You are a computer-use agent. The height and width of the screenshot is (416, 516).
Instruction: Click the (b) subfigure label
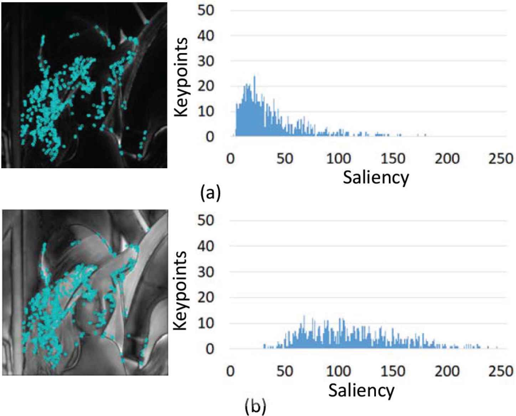pos(255,406)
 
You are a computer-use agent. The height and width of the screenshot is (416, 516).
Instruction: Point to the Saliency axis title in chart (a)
pos(376,177)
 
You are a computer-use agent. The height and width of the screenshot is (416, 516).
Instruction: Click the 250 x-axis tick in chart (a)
pos(501,158)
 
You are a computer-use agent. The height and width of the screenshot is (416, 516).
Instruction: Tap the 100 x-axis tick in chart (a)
pos(339,158)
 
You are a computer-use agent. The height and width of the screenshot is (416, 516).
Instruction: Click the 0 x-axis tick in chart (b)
pos(231,371)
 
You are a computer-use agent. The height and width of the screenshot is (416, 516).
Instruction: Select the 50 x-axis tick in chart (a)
pos(284,158)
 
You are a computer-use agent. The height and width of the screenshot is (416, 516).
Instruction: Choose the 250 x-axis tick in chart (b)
pos(501,371)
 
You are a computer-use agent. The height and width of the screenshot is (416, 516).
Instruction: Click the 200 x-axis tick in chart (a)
pos(447,158)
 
